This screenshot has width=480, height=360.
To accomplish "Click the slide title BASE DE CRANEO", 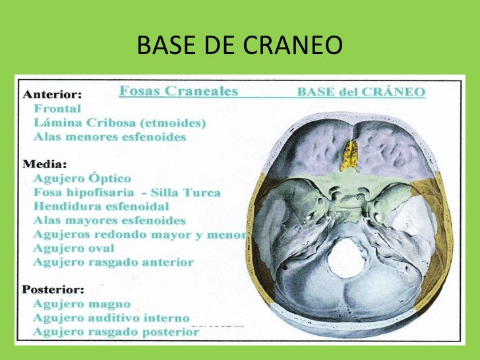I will click(x=240, y=45).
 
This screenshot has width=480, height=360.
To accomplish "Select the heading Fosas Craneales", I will click(x=178, y=92).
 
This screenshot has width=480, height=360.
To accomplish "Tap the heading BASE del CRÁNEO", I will click(x=361, y=92).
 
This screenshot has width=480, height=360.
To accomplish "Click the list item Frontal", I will click(x=57, y=109).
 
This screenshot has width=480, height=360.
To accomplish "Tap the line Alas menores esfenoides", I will click(x=110, y=137).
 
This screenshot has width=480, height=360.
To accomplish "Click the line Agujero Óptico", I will click(x=82, y=179).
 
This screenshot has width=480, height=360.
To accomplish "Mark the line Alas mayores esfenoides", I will click(x=110, y=220).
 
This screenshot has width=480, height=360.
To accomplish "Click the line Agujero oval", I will click(x=74, y=248).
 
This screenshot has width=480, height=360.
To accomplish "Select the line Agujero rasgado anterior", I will click(x=113, y=262).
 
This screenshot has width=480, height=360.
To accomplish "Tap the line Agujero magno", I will click(x=82, y=304).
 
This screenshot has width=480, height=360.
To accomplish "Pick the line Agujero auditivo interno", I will click(x=111, y=318).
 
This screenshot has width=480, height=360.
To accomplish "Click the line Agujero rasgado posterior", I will click(x=116, y=332).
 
